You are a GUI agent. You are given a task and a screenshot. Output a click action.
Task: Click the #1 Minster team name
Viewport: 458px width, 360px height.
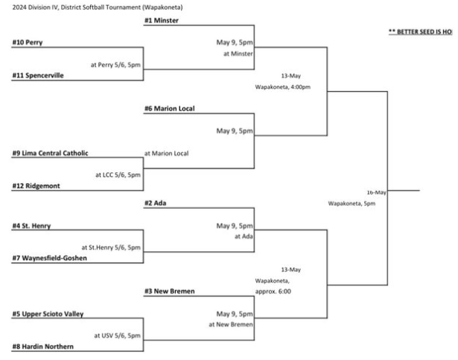pos(162,21)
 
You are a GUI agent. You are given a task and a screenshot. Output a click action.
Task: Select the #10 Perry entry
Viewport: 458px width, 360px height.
pos(27,42)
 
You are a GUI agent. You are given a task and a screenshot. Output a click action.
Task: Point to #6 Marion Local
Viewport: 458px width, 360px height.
pos(170,109)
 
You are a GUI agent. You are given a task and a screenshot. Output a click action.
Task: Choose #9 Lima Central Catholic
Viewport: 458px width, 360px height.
pos(50,154)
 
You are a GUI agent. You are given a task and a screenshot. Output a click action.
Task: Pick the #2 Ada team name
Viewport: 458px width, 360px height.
pos(156,203)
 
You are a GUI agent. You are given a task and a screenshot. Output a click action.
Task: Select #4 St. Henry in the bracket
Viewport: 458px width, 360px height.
pos(31,225)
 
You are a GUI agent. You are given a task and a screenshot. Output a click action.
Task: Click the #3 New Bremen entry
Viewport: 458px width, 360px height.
pos(170,291)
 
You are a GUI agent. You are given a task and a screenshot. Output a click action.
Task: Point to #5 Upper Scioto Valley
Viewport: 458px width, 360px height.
pos(47,314)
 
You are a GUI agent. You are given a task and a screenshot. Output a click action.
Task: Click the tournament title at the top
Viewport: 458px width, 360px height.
pos(97,7)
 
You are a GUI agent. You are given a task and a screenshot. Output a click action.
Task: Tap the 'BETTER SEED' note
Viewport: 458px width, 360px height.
pos(420,32)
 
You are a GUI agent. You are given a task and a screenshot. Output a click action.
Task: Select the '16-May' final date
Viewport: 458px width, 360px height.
pos(376,192)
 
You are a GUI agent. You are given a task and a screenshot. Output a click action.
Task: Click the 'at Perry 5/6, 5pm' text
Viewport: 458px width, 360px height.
pos(115,64)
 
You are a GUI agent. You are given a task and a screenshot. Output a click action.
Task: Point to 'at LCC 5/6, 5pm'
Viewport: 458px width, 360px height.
pos(118,175)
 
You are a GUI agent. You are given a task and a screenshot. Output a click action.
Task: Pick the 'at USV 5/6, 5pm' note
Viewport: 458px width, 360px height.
pos(117,335)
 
